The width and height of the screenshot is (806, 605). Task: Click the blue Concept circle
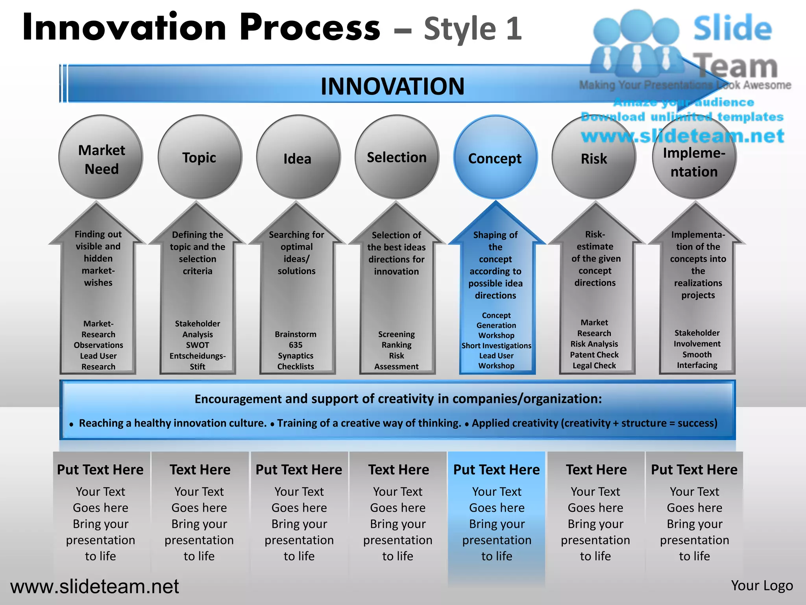point(495,158)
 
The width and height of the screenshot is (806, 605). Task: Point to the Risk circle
point(594,158)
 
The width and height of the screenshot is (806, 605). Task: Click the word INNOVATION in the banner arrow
point(392,86)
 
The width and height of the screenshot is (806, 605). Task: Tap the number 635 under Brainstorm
point(296,345)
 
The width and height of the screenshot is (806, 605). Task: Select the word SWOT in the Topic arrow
point(198,345)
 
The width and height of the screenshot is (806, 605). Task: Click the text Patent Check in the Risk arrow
point(594,355)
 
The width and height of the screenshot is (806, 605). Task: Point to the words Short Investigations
point(496,345)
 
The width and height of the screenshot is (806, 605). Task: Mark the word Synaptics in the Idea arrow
point(296,356)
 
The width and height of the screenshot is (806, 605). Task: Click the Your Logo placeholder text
point(762,586)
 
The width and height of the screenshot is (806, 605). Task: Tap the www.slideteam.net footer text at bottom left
point(94,586)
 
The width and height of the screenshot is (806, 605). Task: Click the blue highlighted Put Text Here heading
point(496,470)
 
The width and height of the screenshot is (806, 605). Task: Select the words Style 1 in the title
point(473,28)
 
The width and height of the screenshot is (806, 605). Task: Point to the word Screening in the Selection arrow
point(396,334)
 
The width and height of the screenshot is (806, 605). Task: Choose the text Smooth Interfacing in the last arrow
point(697,360)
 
